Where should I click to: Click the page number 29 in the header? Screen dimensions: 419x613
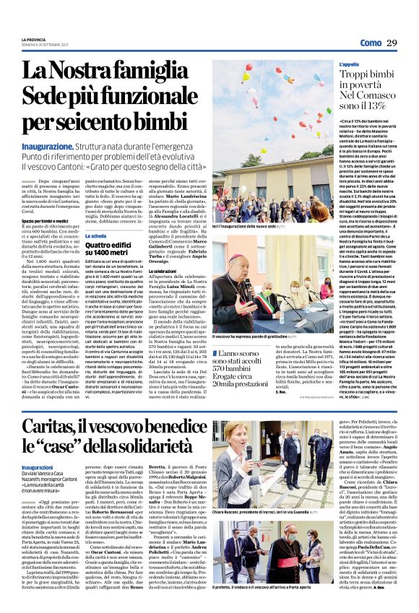tap(407, 43)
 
